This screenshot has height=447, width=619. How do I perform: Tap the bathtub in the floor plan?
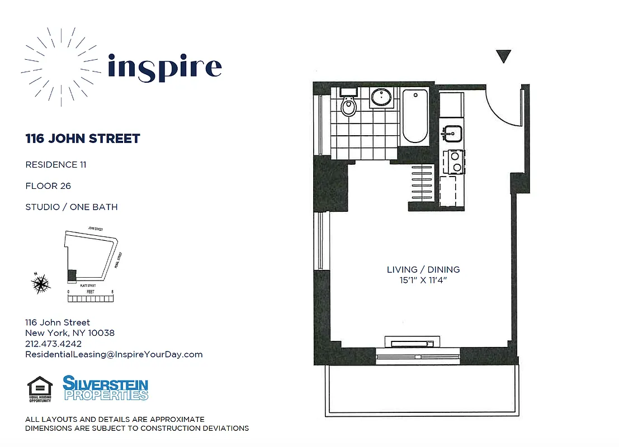pos(415,116)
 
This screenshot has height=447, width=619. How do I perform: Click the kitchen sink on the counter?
pos(451,134)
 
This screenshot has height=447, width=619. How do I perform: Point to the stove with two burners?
pos(454,162)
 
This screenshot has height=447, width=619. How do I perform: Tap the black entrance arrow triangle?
pos(504,56)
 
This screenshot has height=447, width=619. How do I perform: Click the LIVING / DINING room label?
pos(423,269)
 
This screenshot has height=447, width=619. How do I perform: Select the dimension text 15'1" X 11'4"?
pos(423,280)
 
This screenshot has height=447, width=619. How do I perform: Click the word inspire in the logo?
pos(164,67)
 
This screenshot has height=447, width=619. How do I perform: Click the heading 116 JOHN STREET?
pos(83,139)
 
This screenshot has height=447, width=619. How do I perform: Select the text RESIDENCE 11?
pos(56,164)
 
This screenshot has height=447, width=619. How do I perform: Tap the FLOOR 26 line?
pos(48,186)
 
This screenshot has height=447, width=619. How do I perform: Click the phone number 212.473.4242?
pos(53,344)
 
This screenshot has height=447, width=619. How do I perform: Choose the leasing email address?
pos(114,354)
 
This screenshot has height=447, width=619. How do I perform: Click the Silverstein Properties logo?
pos(105,388)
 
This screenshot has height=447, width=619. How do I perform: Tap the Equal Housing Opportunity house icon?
pos(40,389)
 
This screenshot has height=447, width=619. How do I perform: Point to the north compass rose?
pos(41,284)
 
